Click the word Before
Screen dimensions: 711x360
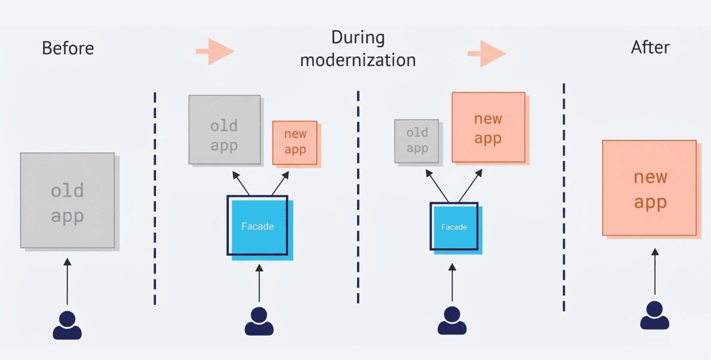click(68, 48)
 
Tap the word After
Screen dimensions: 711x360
click(650, 47)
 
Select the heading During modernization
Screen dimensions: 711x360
click(358, 48)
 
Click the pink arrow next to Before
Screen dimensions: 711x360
click(215, 51)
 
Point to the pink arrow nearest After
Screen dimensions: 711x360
click(487, 54)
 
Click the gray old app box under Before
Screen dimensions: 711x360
click(68, 201)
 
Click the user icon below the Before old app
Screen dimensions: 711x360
click(67, 325)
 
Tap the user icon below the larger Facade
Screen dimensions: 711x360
click(259, 321)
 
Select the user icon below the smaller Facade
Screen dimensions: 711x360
click(452, 320)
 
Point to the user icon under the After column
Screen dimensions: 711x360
click(654, 315)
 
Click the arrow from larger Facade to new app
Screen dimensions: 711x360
click(280, 183)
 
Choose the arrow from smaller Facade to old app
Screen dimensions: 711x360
click(437, 186)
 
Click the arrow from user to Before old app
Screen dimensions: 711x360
click(67, 282)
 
